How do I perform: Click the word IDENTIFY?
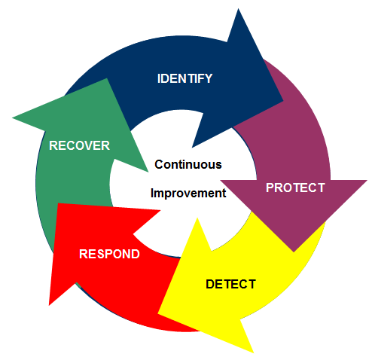click(184, 78)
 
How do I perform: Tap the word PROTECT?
click(295, 188)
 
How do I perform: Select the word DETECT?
click(230, 284)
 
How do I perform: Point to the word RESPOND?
click(109, 254)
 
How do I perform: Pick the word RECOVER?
click(79, 145)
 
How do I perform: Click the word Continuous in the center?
click(188, 165)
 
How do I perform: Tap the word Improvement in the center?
click(188, 194)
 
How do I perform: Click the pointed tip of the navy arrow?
click(283, 101)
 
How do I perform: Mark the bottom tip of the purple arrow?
click(294, 252)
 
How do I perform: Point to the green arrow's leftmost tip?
click(12, 117)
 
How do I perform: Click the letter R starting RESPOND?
click(84, 254)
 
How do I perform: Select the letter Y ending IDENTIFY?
click(209, 78)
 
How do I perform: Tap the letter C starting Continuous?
click(159, 165)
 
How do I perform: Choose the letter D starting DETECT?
click(210, 284)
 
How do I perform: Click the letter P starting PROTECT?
click(270, 188)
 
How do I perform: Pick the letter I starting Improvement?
click(152, 193)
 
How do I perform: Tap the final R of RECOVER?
click(105, 145)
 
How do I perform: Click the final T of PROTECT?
click(322, 188)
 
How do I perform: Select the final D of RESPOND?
click(136, 254)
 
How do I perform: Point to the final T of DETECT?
click(252, 284)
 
